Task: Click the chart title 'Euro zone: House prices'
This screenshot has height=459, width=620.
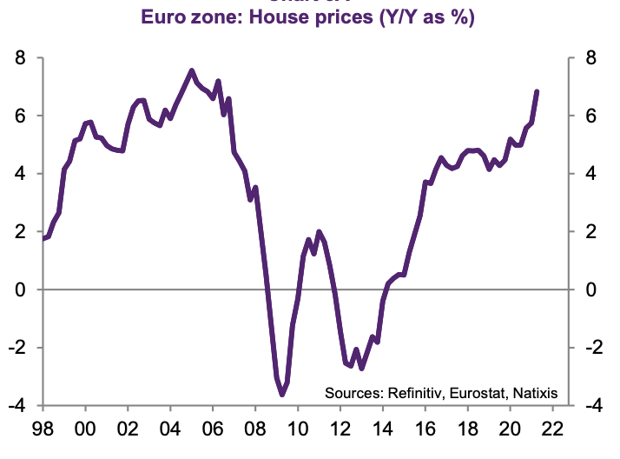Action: [309, 17]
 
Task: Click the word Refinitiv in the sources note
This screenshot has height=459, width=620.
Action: [413, 392]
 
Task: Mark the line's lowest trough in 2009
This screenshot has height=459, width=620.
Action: [282, 395]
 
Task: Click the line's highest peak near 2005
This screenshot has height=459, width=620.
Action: [192, 70]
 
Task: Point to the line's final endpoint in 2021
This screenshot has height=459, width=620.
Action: [538, 91]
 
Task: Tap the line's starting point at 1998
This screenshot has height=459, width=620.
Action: [43, 238]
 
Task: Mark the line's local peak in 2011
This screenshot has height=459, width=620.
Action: [319, 231]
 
